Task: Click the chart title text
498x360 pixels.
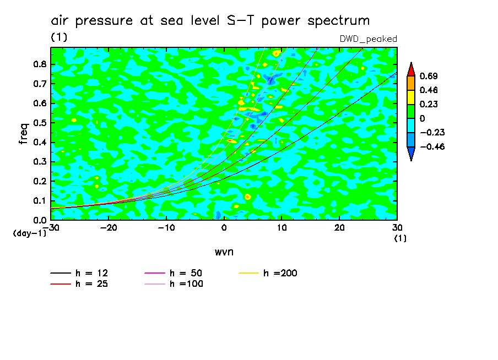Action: pos(210,21)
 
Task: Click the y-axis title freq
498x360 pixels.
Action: pos(24,134)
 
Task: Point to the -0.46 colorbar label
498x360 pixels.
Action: pos(432,146)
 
